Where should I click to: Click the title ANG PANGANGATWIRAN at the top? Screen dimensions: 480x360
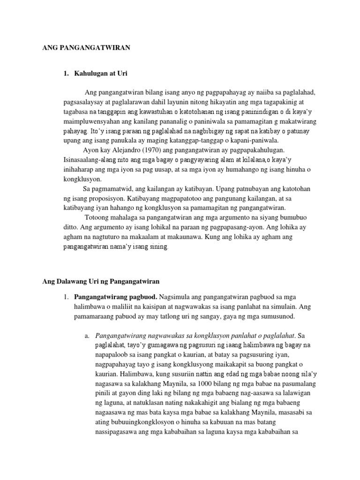86,47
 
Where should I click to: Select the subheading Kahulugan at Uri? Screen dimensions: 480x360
100,74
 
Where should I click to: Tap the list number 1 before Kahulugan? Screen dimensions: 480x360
66,74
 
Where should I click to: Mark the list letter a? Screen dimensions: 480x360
87,336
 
